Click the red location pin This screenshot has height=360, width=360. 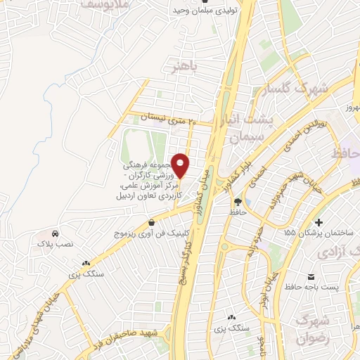pyautogui.click(x=181, y=165)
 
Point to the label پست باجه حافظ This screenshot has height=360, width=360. pyautogui.click(x=312, y=287)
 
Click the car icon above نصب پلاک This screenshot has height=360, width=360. pyautogui.click(x=55, y=233)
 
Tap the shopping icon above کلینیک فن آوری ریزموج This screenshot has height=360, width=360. pyautogui.click(x=152, y=222)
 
